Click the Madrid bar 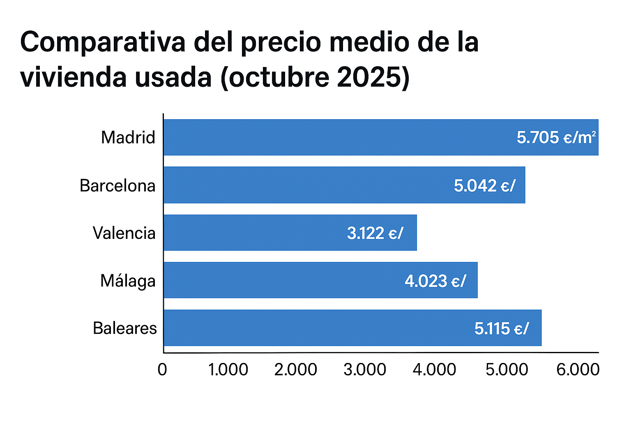click(329, 137)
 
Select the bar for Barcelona click(308, 185)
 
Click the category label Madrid click(128, 137)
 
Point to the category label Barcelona click(117, 185)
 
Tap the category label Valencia click(124, 233)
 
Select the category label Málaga click(128, 281)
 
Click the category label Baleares click(125, 328)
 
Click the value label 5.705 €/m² click(556, 137)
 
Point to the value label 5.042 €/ click(484, 185)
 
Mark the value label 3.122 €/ click(375, 233)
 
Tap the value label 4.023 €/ click(435, 281)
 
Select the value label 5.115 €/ click(502, 328)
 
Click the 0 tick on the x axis click(162, 369)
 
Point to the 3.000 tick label click(365, 369)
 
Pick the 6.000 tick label click(578, 369)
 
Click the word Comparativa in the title click(103, 43)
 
